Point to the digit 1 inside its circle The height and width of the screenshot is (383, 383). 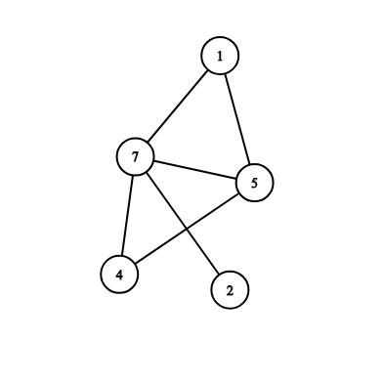point(220,56)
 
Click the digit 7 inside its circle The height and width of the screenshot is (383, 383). point(135,157)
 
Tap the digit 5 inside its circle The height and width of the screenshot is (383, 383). point(254,183)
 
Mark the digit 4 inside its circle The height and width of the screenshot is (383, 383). point(119,275)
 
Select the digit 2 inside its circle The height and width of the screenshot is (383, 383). point(230,290)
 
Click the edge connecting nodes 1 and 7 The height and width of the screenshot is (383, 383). point(178,106)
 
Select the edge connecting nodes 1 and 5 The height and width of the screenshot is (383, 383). point(237,119)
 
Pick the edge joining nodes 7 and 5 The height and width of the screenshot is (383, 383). point(194,170)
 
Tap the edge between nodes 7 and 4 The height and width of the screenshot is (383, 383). point(127,216)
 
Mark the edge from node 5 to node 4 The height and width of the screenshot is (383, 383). point(187,229)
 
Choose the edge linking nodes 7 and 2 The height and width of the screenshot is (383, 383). point(183,223)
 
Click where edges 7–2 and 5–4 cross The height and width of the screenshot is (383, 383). point(187,229)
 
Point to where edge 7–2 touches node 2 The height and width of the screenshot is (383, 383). point(219,274)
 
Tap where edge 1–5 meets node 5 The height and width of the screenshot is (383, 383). point(249,164)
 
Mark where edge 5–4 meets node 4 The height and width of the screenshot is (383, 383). point(136,264)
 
